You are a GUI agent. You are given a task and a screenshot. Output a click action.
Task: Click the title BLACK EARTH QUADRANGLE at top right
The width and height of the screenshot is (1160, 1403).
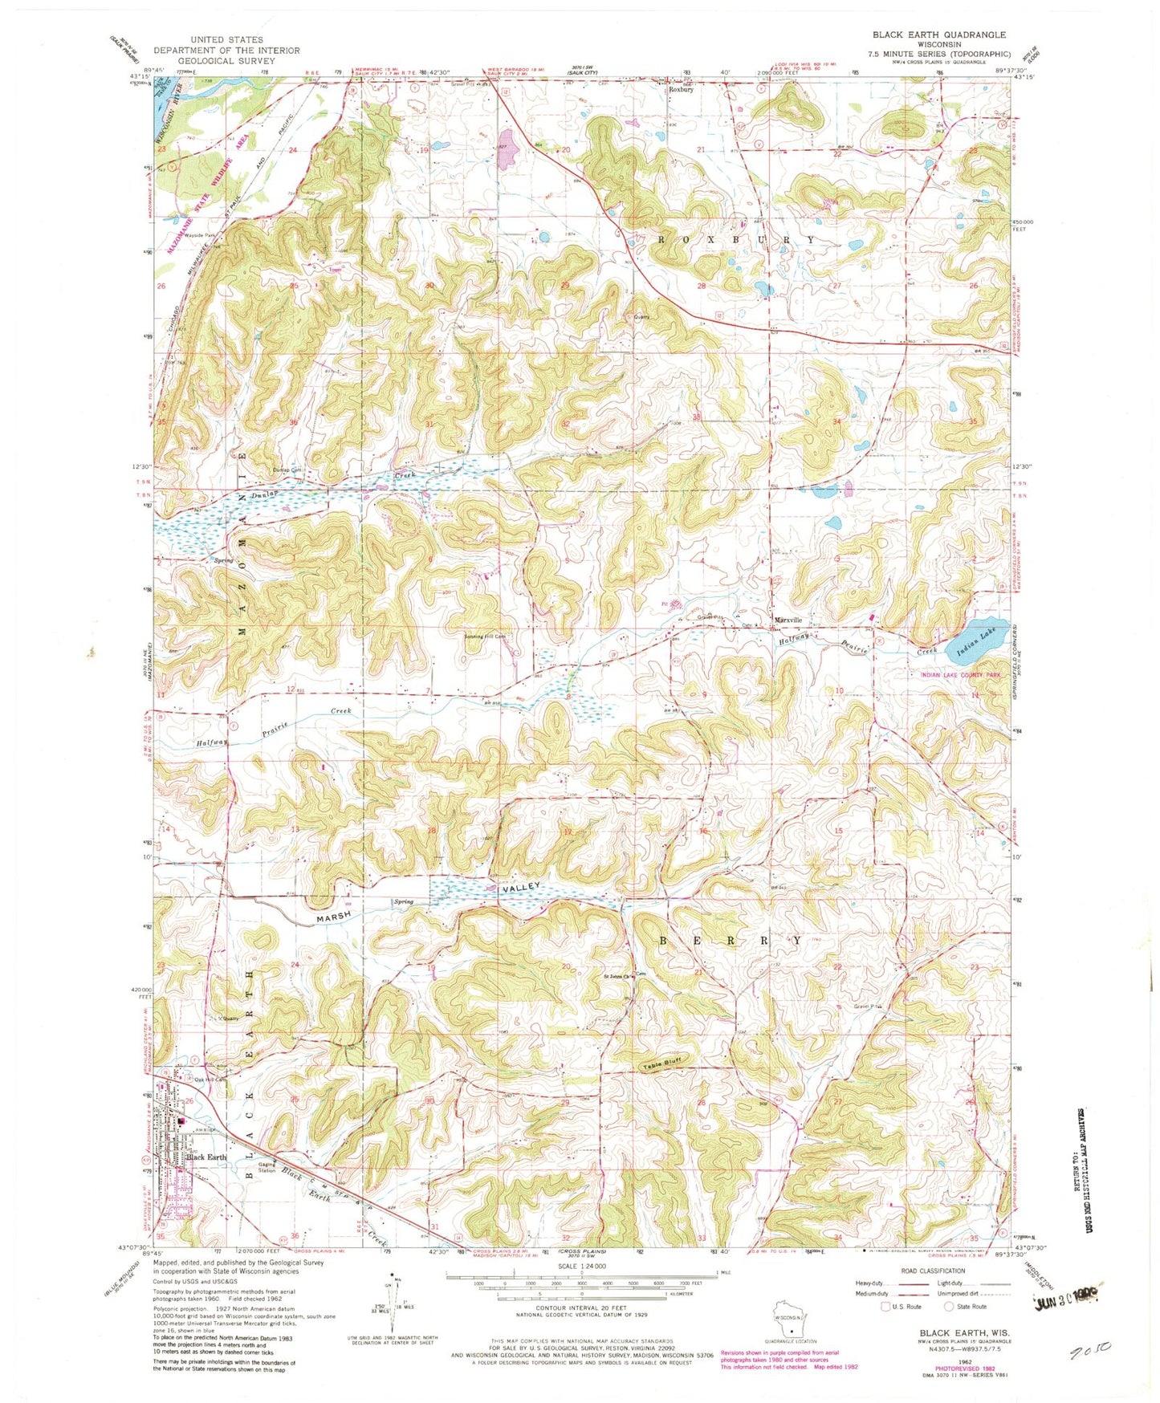(938, 35)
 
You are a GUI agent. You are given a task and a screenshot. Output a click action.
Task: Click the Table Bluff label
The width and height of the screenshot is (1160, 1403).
(662, 1063)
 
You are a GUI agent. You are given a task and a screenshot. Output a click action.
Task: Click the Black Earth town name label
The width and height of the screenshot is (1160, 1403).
(206, 1157)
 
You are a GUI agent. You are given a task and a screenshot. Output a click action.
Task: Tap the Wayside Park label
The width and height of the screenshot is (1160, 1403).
(199, 235)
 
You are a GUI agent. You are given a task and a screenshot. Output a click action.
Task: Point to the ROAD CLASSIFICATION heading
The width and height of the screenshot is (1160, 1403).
(932, 1271)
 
